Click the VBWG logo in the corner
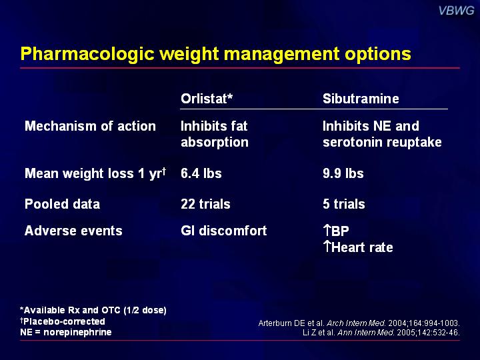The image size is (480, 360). [456, 11]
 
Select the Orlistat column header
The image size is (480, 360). [207, 99]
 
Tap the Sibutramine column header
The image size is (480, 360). [361, 99]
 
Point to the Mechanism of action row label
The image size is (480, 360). [90, 126]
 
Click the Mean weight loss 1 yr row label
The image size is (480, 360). [95, 173]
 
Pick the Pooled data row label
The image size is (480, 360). [63, 204]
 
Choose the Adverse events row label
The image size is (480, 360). [73, 231]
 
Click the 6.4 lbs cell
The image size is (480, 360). [201, 173]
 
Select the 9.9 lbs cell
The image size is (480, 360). [343, 173]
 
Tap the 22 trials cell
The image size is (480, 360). [205, 204]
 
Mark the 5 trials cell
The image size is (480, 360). [344, 204]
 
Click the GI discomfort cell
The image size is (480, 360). [224, 231]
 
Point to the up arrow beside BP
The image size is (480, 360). [327, 231]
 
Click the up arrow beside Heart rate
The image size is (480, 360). [327, 247]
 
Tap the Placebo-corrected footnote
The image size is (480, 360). [63, 321]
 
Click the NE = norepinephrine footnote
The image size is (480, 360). [66, 332]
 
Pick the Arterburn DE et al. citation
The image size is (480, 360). [359, 323]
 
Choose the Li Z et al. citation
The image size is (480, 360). [381, 333]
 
